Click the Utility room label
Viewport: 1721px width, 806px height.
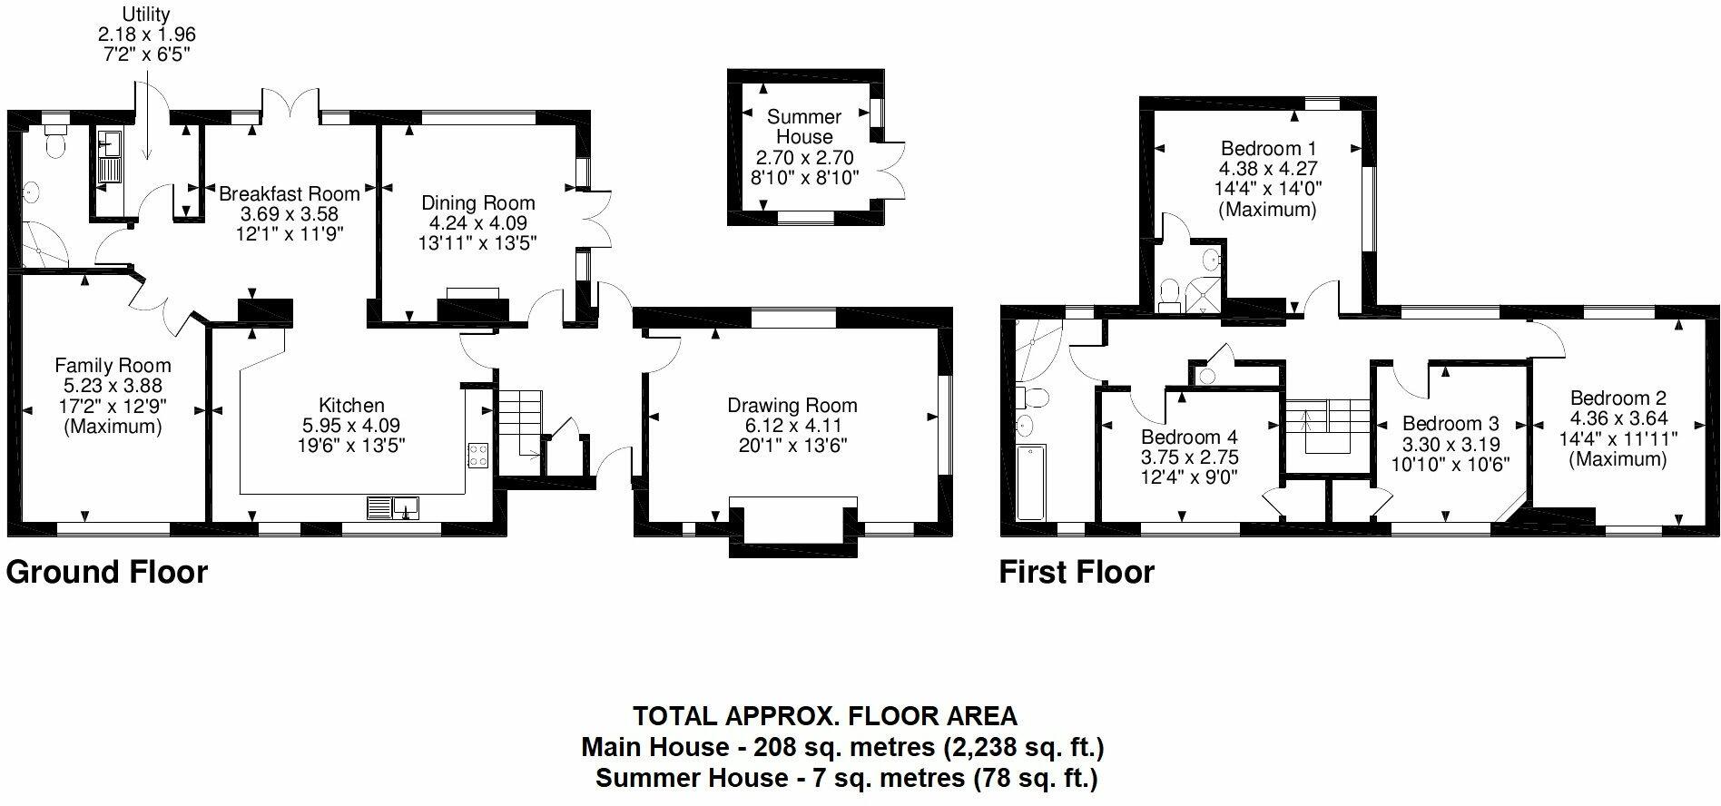tap(146, 14)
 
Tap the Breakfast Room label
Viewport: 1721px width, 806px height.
tap(289, 193)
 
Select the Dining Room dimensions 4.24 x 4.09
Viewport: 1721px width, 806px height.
tap(477, 223)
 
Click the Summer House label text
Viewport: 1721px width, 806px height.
tap(804, 127)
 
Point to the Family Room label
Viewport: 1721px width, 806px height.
tap(113, 366)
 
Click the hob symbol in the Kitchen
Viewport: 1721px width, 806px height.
tap(478, 456)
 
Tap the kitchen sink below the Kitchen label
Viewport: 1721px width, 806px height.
tap(393, 507)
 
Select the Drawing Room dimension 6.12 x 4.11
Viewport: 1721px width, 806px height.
tap(792, 426)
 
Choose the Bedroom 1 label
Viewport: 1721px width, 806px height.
tap(1268, 149)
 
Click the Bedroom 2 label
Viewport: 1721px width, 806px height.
tap(1618, 398)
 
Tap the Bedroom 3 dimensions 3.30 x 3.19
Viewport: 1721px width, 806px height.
tap(1451, 445)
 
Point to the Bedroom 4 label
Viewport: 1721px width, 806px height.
tap(1189, 437)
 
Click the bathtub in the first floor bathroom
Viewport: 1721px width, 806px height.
tap(1031, 482)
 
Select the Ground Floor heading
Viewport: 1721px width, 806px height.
tap(107, 572)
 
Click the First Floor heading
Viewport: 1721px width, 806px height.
tap(1077, 572)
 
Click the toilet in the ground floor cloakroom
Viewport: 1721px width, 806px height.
tap(55, 145)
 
